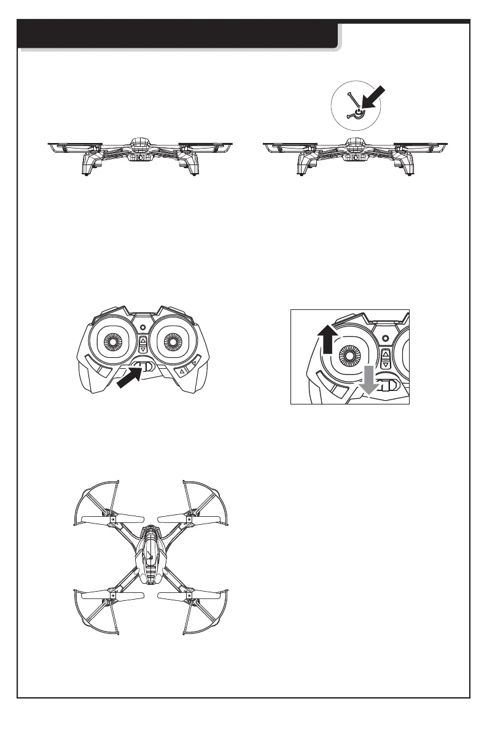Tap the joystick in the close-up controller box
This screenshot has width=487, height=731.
coord(351,354)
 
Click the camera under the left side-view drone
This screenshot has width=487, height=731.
coord(140,157)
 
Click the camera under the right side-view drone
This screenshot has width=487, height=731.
coord(355,157)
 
